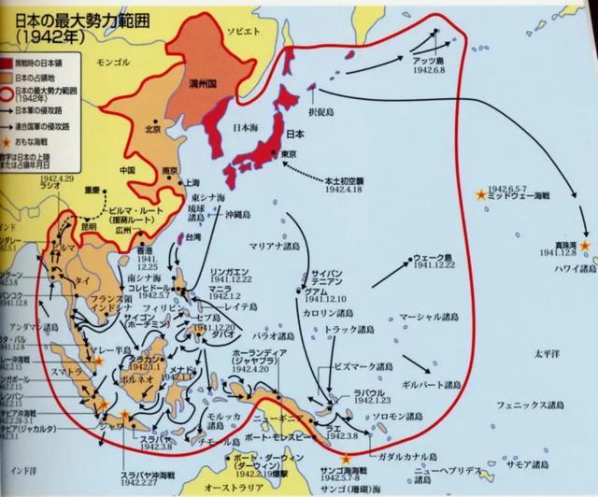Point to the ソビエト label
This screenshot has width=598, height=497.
pos(242,31)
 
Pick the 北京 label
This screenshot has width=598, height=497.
pos(151,129)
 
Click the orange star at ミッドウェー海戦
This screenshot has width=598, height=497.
pos(481,195)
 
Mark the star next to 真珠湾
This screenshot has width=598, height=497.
pos(584,245)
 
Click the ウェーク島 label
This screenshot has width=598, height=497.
pos(435,258)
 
